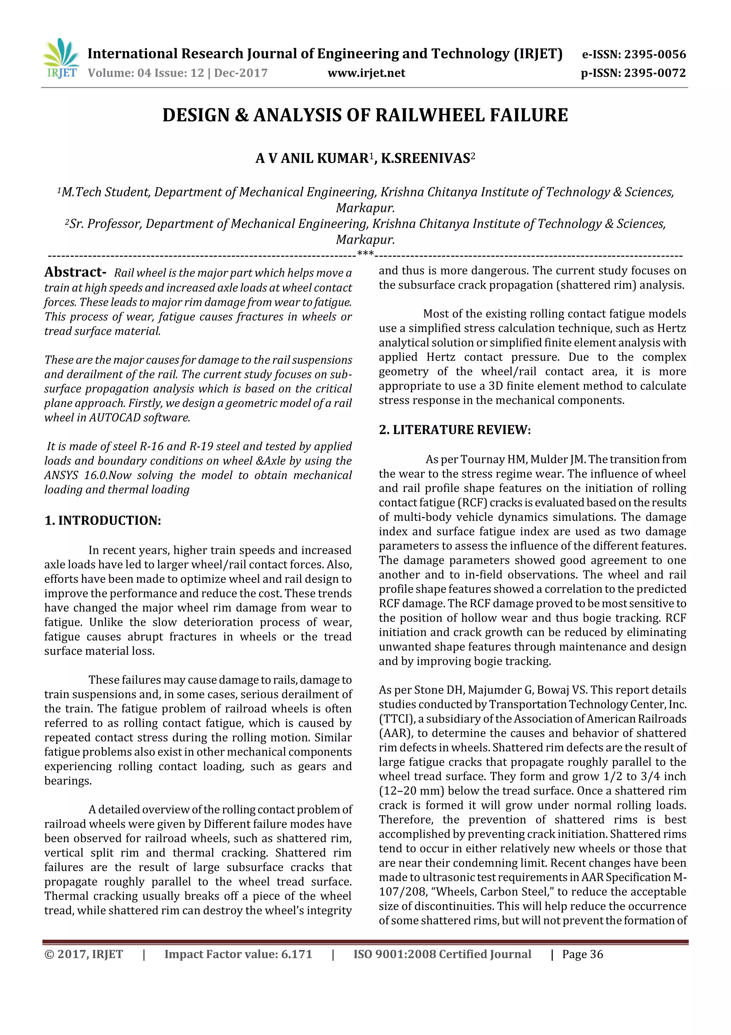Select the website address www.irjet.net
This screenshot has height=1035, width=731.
coord(366,73)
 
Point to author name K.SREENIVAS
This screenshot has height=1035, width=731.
coord(425,159)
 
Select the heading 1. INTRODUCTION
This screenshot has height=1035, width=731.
coord(103,521)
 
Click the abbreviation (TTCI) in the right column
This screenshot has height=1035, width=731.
coord(397,718)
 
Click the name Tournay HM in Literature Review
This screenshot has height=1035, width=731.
coord(488,459)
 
